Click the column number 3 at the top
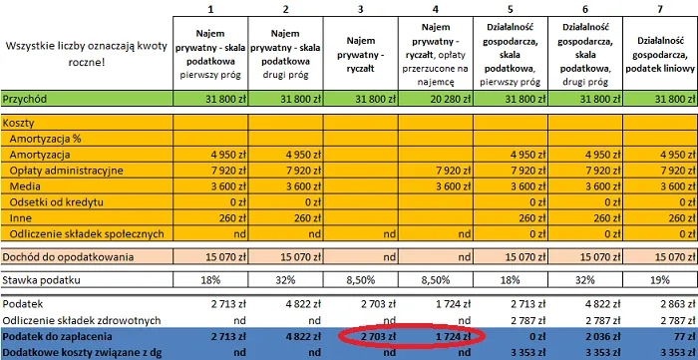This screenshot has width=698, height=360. pos(360,8)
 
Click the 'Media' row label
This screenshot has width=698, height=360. pos(25,186)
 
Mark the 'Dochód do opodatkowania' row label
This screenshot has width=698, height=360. pos(69,256)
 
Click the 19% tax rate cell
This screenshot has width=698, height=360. pos(659,281)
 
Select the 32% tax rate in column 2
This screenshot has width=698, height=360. pos(285,281)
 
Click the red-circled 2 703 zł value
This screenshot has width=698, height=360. pos(376,337)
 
